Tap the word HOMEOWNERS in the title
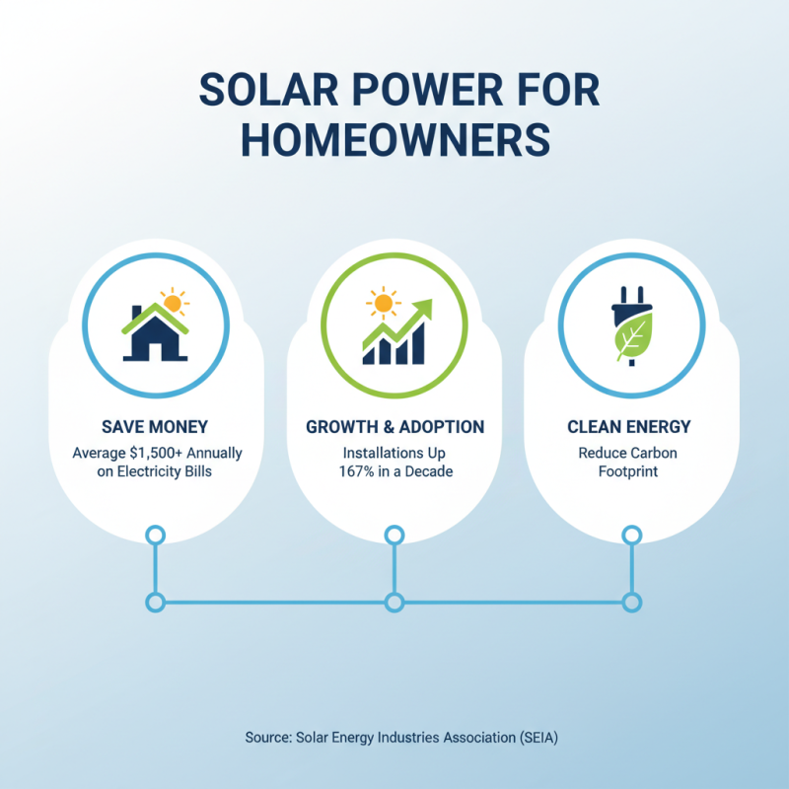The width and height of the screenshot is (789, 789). tap(394, 139)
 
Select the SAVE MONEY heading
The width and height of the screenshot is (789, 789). tap(156, 427)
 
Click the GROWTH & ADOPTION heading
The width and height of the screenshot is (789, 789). tap(394, 427)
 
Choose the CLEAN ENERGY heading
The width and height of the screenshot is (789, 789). tap(629, 427)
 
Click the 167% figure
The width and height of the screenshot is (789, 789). tap(356, 471)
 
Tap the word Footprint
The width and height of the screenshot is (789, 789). tap(629, 471)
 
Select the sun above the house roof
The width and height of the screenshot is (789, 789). tap(174, 301)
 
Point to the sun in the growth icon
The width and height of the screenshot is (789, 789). tap(380, 302)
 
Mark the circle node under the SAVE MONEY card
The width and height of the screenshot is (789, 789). tap(155, 536)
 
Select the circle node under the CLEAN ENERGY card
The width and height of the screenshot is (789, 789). tap(631, 536)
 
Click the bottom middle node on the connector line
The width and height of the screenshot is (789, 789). tap(394, 602)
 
